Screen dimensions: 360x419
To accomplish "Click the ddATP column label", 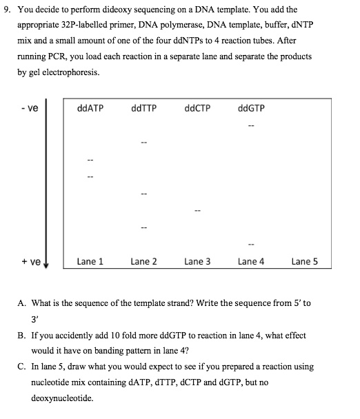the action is (92, 108).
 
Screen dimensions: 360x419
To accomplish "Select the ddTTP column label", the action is (143, 108).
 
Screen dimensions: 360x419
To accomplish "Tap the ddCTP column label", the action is (198, 108).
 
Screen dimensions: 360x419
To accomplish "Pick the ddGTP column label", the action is (250, 108).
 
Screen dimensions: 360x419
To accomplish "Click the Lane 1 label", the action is (90, 261).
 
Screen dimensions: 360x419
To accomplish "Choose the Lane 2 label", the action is (143, 261).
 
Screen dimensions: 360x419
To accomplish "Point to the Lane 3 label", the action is (197, 261).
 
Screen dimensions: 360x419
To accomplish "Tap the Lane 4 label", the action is (251, 261).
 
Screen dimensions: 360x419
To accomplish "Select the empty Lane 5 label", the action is (305, 261).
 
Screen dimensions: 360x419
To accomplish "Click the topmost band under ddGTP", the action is (251, 126).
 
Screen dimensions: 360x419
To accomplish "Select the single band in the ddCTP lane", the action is (198, 210).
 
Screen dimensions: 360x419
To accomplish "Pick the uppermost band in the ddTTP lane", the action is (144, 143).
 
